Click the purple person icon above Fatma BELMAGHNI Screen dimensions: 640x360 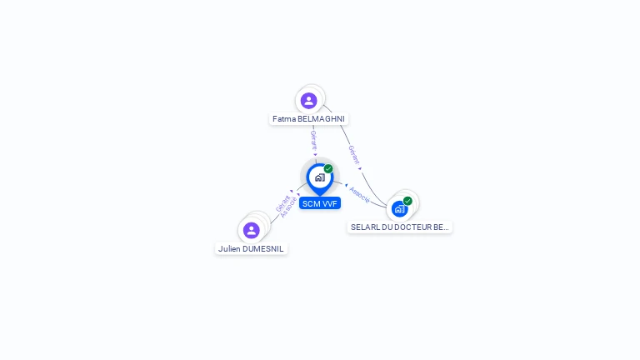pos(309,101)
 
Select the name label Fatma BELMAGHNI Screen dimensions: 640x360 pos(308,119)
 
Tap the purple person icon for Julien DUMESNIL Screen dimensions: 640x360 pos(251,230)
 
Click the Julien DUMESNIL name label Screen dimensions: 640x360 pos(251,248)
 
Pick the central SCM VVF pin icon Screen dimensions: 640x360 pos(319,177)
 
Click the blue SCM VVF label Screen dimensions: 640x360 pos(320,203)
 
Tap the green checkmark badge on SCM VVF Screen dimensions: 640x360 pos(328,169)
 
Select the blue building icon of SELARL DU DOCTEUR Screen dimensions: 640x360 pos(400,208)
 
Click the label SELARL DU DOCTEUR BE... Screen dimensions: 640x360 pos(399,227)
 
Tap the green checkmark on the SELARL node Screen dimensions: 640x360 pos(407,201)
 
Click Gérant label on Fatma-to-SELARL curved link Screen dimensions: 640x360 pos(354,154)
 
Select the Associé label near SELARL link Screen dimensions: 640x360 pos(360,195)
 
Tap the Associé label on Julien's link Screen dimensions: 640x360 pos(289,207)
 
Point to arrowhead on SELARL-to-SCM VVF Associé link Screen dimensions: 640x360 pos(346,185)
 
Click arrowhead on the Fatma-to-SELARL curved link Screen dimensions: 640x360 pos(361,169)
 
